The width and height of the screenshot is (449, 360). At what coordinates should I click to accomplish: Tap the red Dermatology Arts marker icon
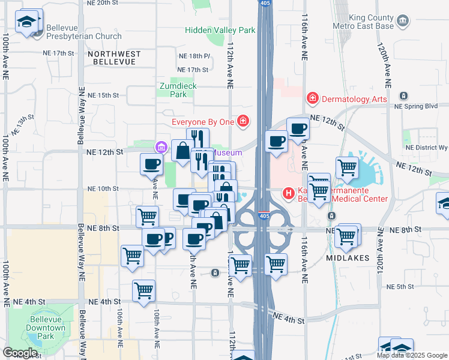click(x=312, y=98)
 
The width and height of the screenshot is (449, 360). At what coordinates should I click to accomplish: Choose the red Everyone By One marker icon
click(x=243, y=122)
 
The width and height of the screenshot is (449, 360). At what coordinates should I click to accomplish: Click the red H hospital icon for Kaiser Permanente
click(x=289, y=193)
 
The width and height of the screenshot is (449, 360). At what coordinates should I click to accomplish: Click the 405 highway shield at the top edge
click(x=264, y=4)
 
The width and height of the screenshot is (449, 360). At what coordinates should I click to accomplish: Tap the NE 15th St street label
click(x=103, y=95)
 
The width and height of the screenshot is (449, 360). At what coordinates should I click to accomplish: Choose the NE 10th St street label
click(x=103, y=188)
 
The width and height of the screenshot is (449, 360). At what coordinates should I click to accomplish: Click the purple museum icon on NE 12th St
click(x=161, y=147)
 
